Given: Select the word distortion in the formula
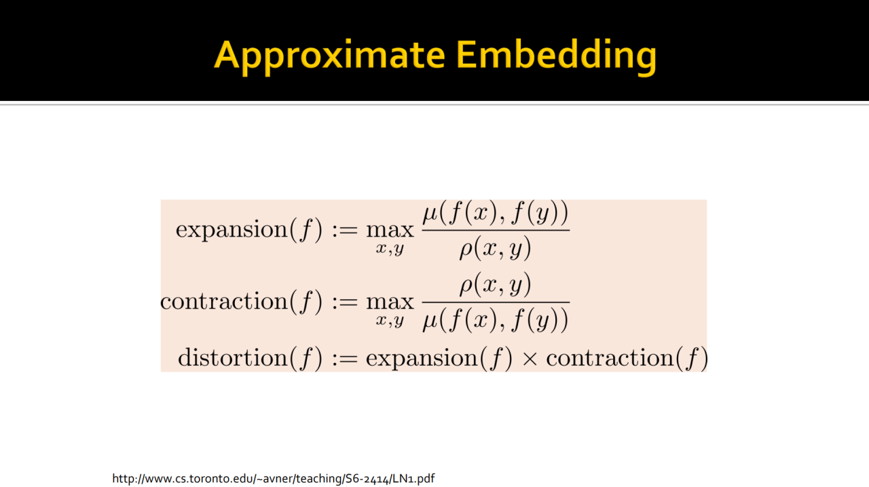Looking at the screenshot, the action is pyautogui.click(x=232, y=357).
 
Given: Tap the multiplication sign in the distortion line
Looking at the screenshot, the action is pyautogui.click(x=530, y=358).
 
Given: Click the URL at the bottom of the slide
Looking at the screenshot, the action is pyautogui.click(x=274, y=478).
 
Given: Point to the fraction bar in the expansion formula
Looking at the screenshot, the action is pyautogui.click(x=496, y=231).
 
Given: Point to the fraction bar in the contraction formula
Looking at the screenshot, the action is pyautogui.click(x=496, y=302).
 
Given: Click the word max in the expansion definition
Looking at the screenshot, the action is pyautogui.click(x=390, y=231).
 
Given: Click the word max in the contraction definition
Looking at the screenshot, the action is pyautogui.click(x=390, y=303).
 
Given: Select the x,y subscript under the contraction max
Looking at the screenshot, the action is pyautogui.click(x=390, y=321).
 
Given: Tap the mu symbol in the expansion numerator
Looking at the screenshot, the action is pyautogui.click(x=430, y=214).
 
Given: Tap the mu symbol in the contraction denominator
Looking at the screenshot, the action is pyautogui.click(x=430, y=322).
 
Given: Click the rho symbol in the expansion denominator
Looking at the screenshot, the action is pyautogui.click(x=466, y=250).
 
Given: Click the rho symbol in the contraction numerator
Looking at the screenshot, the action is pyautogui.click(x=466, y=286).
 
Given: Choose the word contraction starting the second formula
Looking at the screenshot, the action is pyautogui.click(x=224, y=302).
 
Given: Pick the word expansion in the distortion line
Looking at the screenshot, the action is pyautogui.click(x=422, y=358).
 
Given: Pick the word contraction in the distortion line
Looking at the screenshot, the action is pyautogui.click(x=610, y=357).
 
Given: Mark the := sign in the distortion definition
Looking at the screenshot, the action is pyautogui.click(x=344, y=358).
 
